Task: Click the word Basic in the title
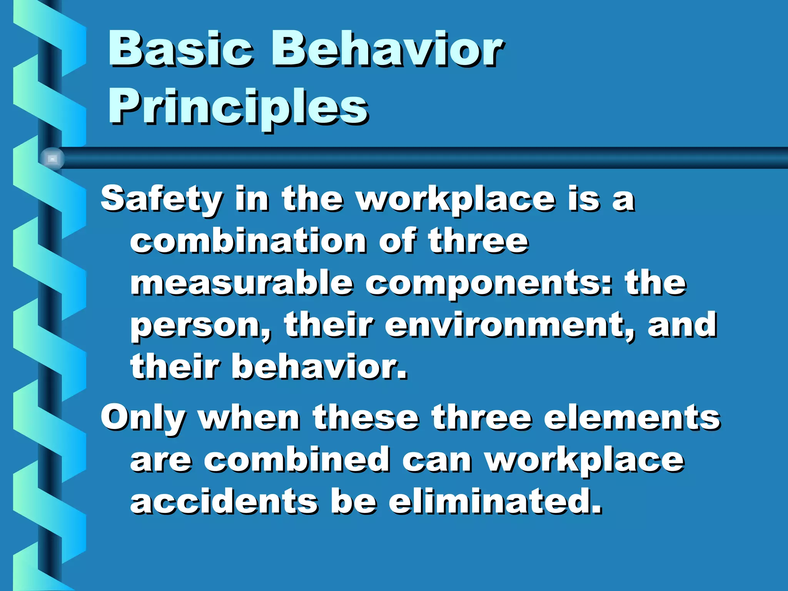coord(181,49)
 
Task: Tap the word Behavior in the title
coord(387,49)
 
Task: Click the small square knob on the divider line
coord(52,158)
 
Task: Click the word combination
coord(248,241)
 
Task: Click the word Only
coord(143,419)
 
